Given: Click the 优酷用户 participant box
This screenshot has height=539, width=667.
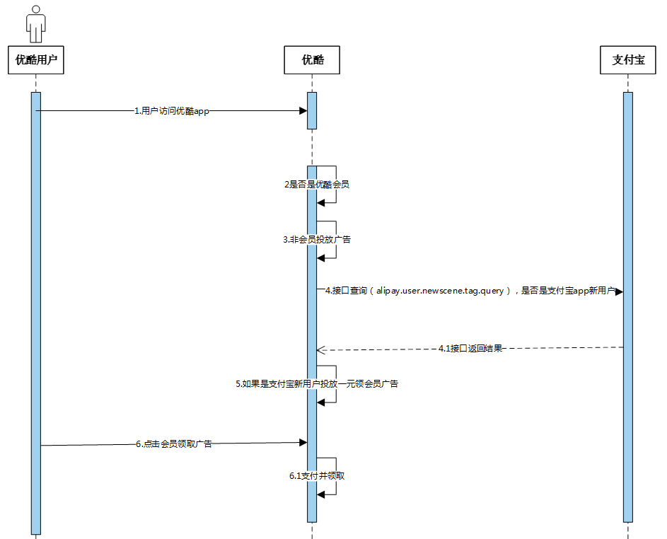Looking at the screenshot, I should point(35,60).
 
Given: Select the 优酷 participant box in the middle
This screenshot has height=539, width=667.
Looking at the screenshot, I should point(312,60).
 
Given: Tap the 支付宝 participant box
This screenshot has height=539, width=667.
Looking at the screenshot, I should point(627,60).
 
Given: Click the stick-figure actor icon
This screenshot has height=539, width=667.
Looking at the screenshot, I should point(35,23).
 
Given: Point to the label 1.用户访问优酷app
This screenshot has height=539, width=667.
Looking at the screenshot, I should point(172,111).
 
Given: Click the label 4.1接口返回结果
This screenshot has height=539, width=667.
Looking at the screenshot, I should point(470,348).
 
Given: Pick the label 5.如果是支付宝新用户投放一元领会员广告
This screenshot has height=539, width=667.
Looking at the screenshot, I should point(316,384).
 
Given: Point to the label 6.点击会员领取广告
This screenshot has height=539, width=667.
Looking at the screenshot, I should point(174,444).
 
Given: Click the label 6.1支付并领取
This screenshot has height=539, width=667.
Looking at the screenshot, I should point(316,476).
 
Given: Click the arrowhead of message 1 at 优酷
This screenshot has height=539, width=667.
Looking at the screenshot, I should point(303,111).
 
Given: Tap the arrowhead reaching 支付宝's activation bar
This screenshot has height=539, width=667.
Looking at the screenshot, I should point(619,291).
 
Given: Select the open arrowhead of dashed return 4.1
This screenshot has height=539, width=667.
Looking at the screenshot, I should point(320,349).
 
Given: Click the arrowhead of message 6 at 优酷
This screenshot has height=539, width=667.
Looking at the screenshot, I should point(303,442).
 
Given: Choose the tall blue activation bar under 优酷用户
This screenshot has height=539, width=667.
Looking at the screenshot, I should point(36,311).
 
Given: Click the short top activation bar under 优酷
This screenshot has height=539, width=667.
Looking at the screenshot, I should point(312,110).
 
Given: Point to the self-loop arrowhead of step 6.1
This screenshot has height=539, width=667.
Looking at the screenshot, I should point(321,494).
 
